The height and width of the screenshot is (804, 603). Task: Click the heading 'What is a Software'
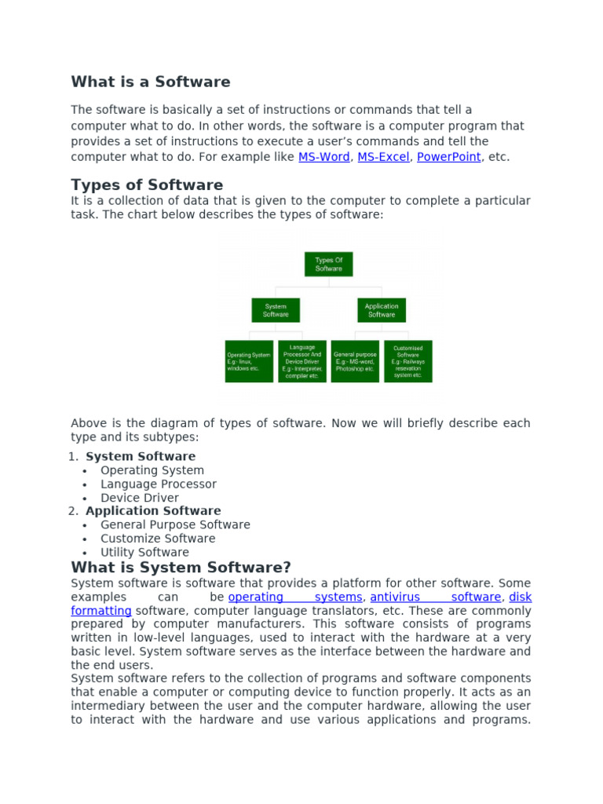(151, 82)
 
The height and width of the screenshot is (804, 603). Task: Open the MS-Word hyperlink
(324, 157)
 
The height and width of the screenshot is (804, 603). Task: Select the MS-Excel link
(383, 157)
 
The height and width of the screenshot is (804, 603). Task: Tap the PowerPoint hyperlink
(448, 157)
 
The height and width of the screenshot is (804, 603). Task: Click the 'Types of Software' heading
(147, 185)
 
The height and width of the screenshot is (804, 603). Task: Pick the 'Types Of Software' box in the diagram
(329, 265)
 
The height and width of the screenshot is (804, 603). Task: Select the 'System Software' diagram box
(276, 310)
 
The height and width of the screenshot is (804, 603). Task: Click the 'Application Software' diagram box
(382, 310)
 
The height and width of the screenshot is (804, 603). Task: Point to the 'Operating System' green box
(249, 361)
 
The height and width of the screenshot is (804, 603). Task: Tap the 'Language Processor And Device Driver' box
(302, 361)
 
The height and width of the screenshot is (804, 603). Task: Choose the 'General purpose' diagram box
(355, 361)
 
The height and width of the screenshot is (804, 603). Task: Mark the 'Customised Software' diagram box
(407, 361)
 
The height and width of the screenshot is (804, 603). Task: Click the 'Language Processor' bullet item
(158, 484)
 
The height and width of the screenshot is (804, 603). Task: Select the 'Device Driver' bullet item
(140, 498)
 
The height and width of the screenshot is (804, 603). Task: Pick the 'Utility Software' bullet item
(144, 552)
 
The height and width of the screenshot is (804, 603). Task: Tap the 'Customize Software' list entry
(158, 539)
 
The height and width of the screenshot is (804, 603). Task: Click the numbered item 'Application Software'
(153, 511)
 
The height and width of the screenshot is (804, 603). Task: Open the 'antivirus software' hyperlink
(435, 598)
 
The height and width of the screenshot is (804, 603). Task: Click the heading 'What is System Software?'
(181, 567)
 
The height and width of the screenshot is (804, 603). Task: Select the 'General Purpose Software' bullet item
(175, 524)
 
